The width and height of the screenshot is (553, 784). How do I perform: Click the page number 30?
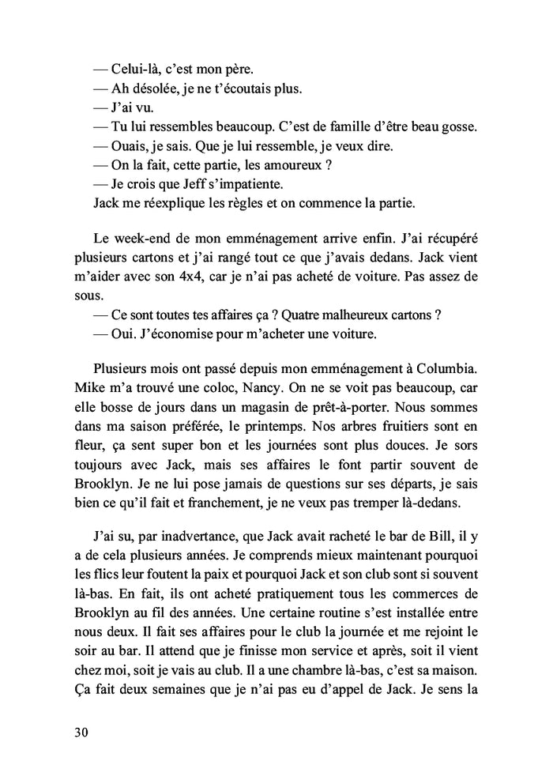click(x=77, y=732)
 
